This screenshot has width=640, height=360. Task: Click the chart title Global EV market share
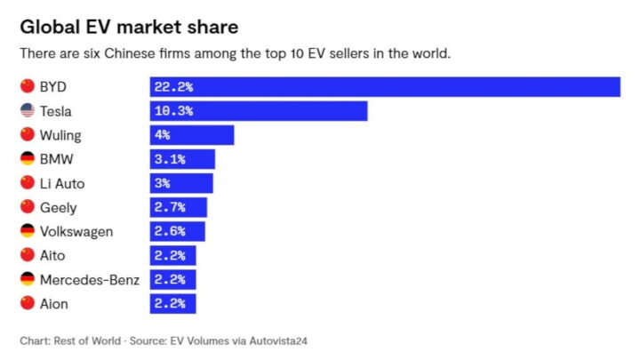pos(129,26)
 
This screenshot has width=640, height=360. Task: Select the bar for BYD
pos(384,87)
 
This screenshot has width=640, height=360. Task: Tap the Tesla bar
pos(258,111)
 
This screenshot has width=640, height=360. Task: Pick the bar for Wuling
pos(191,135)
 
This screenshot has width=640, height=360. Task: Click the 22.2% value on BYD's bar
pos(174,87)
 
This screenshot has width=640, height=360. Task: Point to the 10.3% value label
pos(174,111)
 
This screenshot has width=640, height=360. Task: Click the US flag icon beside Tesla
pos(27,111)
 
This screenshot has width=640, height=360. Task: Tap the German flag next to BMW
pos(27,159)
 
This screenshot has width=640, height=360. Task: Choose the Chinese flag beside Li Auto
pos(27,183)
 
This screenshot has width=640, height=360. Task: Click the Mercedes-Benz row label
pos(90,280)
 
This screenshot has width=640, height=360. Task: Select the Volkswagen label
pos(77,231)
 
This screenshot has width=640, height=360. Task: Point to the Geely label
pos(59,207)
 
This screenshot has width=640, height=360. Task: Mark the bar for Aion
pos(172,304)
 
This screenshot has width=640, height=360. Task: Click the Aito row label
pos(54,256)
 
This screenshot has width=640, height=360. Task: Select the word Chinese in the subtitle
pos(134,54)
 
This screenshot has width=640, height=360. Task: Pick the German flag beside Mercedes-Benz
pos(27,280)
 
